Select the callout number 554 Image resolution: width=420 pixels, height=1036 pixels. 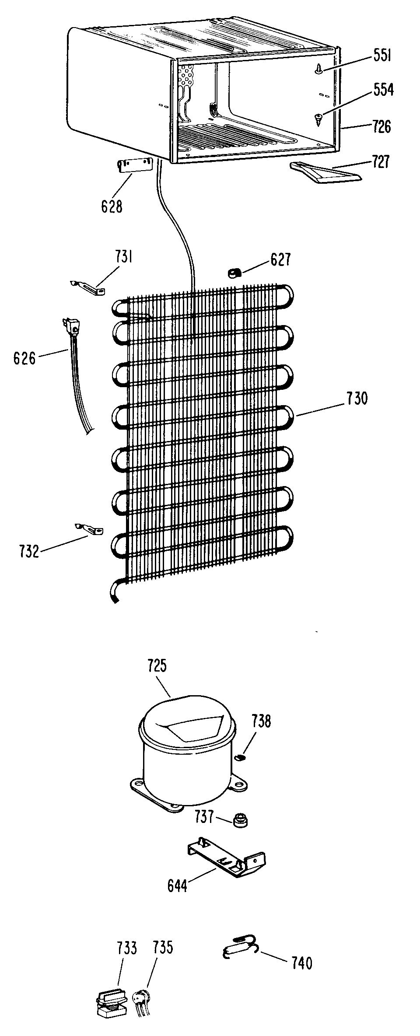(x=383, y=90)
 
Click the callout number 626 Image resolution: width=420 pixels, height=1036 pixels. (x=24, y=359)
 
